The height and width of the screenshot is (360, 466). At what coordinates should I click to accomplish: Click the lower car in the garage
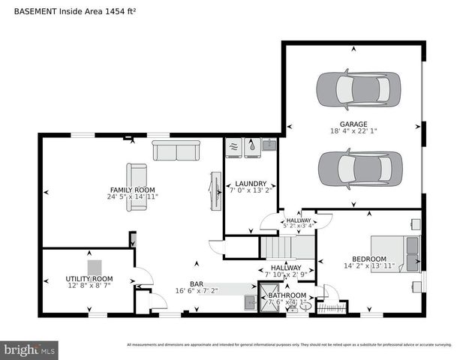pos(353,169)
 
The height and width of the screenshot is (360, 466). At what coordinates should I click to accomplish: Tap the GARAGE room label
pos(353,124)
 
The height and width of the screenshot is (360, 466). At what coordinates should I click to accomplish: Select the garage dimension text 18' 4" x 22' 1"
pos(353,132)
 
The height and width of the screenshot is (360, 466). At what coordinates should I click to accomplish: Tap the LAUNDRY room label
pos(251,184)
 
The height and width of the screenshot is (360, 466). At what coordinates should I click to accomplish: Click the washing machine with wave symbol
pos(234,147)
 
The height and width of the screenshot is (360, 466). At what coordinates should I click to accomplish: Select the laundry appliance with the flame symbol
pos(251,147)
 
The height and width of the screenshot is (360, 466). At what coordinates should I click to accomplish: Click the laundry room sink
pos(269,145)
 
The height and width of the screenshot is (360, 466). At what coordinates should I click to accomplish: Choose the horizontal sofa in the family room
pos(176,150)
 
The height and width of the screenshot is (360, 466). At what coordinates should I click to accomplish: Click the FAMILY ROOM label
pos(134,190)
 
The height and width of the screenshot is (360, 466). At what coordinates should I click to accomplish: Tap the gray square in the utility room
pos(95,267)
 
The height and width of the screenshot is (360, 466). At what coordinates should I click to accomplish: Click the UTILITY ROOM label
pos(89,279)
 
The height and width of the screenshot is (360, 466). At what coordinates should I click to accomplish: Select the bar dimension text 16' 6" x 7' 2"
pos(197,291)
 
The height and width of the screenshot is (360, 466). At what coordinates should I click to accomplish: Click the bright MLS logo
pos(30,349)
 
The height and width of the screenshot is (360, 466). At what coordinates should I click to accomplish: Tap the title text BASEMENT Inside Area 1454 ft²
pos(75,11)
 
